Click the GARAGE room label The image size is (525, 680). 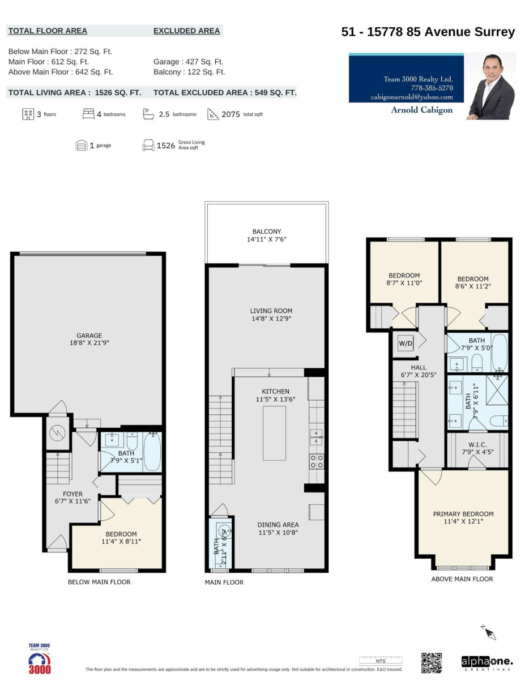click(x=89, y=335)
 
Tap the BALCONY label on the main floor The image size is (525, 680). click(x=267, y=232)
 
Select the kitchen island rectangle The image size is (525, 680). click(x=274, y=433)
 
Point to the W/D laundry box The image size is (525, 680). click(x=405, y=343)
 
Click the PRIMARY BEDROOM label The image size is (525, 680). click(x=463, y=514)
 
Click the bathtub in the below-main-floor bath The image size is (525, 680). click(x=152, y=452)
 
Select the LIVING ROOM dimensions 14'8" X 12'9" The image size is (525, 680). click(x=271, y=319)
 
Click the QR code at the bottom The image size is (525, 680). click(x=431, y=662)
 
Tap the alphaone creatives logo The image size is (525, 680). click(x=487, y=662)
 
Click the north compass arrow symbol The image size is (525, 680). click(x=489, y=632)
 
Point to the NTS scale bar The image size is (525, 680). click(x=381, y=660)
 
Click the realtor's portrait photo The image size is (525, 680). click(x=490, y=86)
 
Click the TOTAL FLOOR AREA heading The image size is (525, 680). click(x=48, y=31)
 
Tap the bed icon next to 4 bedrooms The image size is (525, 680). click(x=88, y=114)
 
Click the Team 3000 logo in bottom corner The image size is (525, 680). click(x=39, y=659)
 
